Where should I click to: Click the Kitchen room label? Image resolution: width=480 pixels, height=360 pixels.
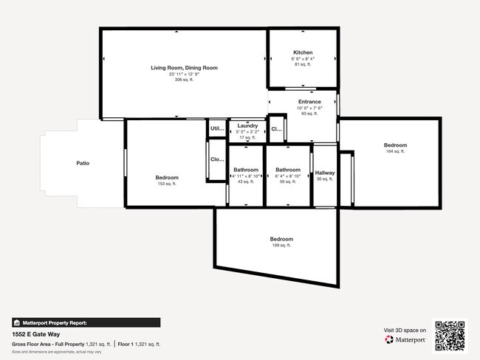click(x=303, y=53)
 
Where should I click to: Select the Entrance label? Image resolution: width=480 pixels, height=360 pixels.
click(x=309, y=102)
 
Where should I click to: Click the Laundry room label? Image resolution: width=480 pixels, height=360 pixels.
click(x=247, y=126)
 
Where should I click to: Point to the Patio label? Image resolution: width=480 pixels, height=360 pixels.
click(x=83, y=162)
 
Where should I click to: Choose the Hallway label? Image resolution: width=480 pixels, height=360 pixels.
click(x=325, y=173)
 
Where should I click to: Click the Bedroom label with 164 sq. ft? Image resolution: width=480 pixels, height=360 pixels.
click(x=395, y=145)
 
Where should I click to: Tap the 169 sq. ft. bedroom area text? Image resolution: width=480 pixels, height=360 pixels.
click(x=281, y=246)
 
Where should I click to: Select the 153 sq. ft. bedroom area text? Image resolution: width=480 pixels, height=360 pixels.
click(x=167, y=184)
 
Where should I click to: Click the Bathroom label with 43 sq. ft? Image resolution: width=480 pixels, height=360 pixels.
click(x=246, y=170)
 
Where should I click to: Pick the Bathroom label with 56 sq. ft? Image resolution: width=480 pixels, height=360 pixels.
click(x=288, y=170)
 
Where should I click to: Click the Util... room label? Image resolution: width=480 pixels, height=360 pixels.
click(x=216, y=128)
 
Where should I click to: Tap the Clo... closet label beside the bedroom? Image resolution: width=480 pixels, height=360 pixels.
click(x=217, y=159)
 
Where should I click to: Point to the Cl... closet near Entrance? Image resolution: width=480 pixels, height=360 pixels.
click(x=276, y=129)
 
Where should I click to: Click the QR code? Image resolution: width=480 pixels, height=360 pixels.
click(x=450, y=334)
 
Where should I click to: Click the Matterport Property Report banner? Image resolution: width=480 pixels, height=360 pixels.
click(x=86, y=322)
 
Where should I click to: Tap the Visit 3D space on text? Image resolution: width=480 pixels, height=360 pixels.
click(x=405, y=330)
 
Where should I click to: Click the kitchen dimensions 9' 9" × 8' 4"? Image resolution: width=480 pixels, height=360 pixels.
click(x=303, y=59)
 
